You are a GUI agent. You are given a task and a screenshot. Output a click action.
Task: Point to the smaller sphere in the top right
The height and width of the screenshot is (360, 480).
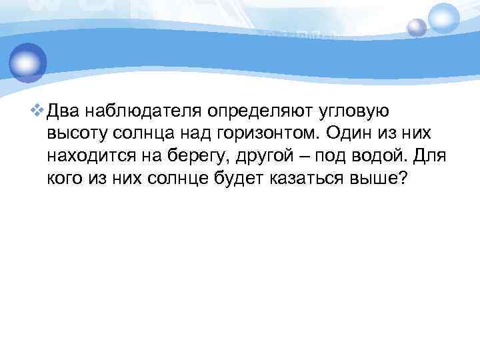click(417, 27)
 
